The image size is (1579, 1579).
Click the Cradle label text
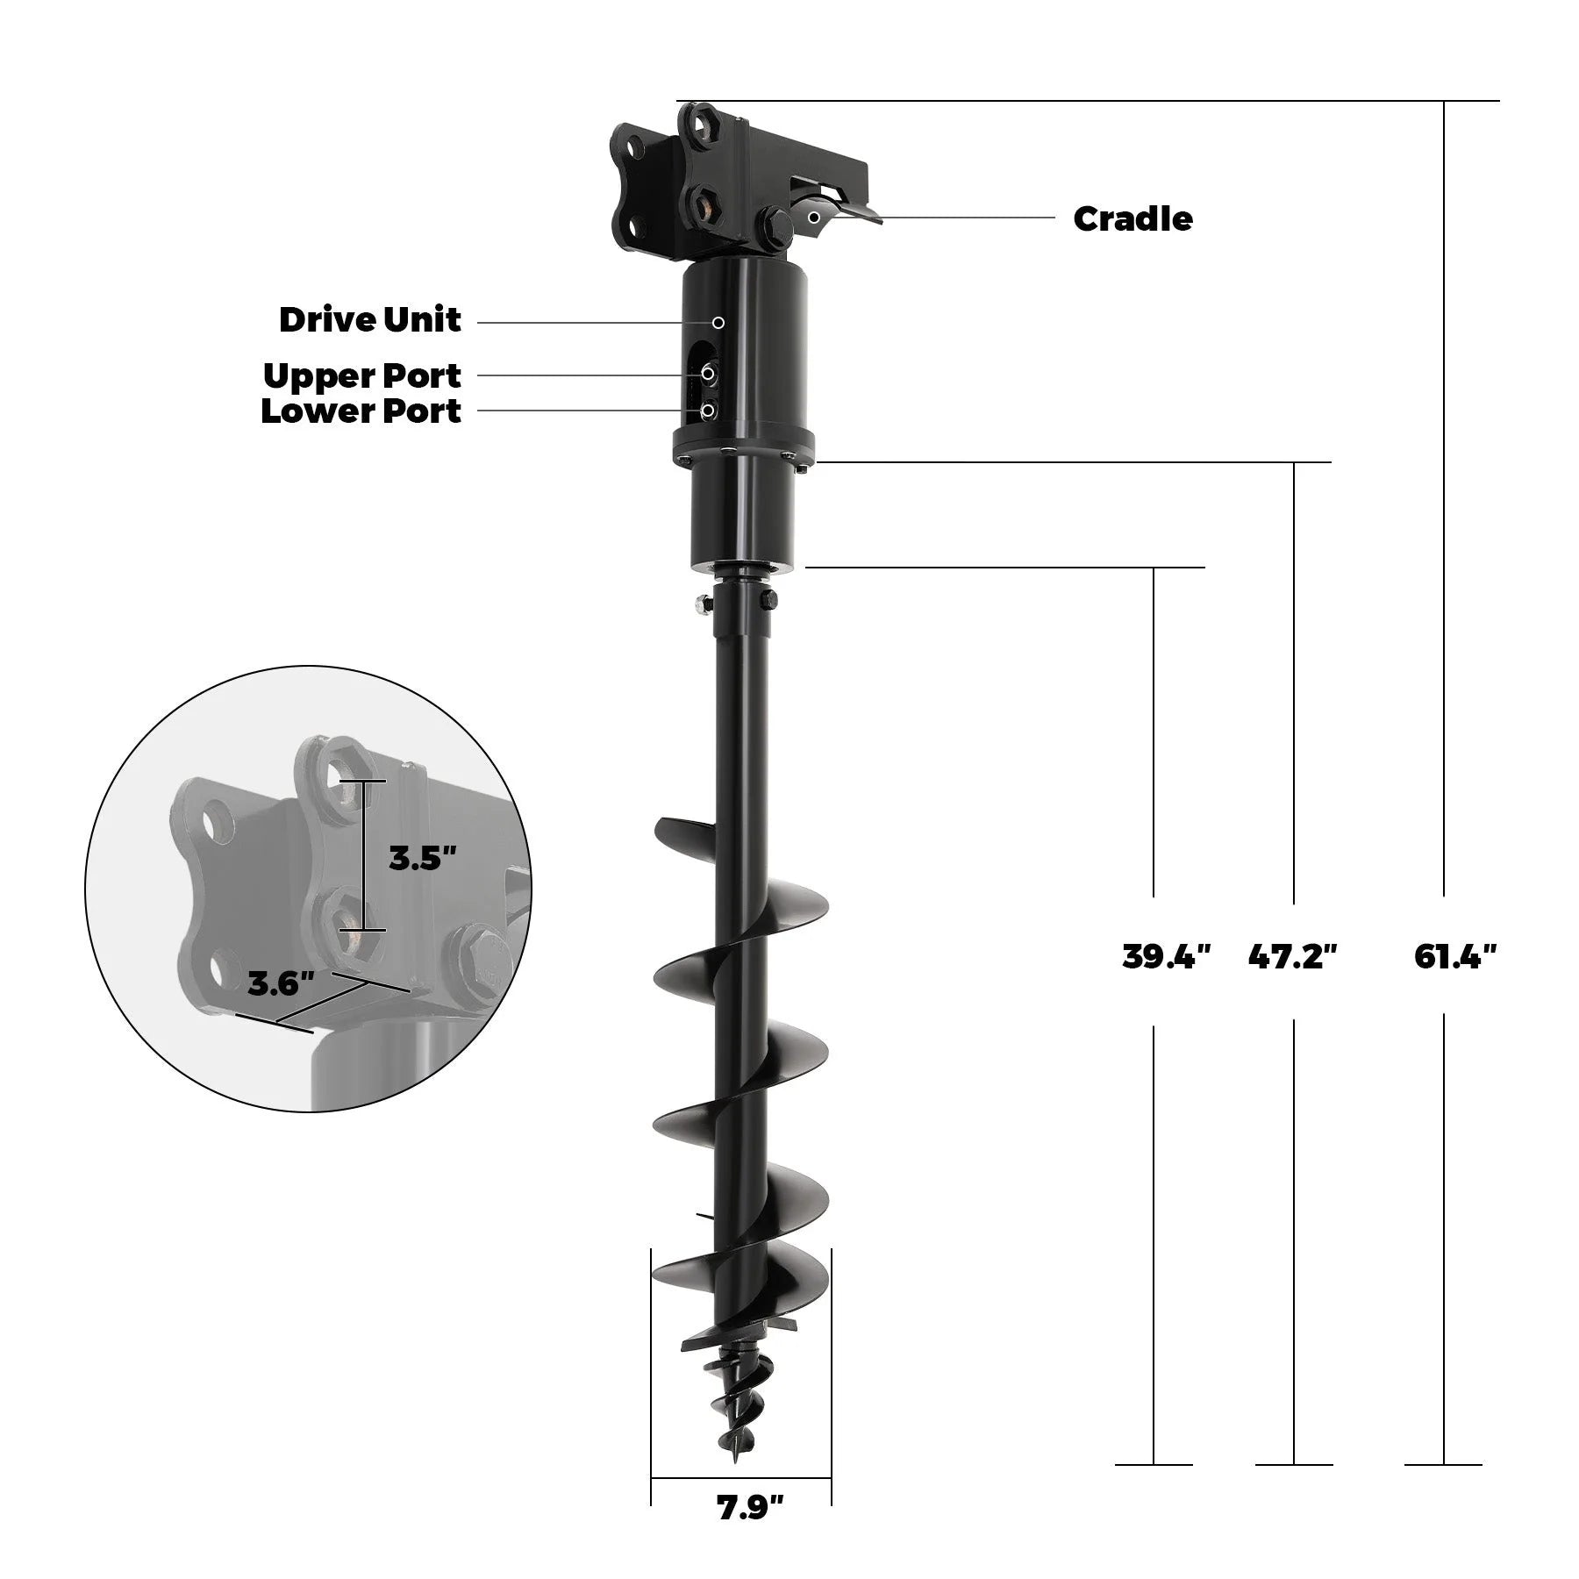click(1132, 219)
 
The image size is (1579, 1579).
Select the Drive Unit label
click(369, 320)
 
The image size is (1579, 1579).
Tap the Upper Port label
click(361, 375)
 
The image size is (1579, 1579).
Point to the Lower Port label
click(361, 411)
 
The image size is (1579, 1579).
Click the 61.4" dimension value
click(1455, 955)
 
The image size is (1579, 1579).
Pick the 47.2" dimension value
click(1293, 955)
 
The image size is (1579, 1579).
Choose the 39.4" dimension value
click(1166, 955)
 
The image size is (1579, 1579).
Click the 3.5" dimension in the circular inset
click(423, 858)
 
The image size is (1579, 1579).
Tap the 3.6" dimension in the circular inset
click(281, 983)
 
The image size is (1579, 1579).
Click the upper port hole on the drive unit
click(708, 375)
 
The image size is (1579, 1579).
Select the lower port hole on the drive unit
click(708, 410)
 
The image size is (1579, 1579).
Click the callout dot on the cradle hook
click(815, 217)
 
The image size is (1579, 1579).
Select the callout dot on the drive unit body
click(718, 323)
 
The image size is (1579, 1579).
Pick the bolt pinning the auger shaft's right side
click(768, 600)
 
